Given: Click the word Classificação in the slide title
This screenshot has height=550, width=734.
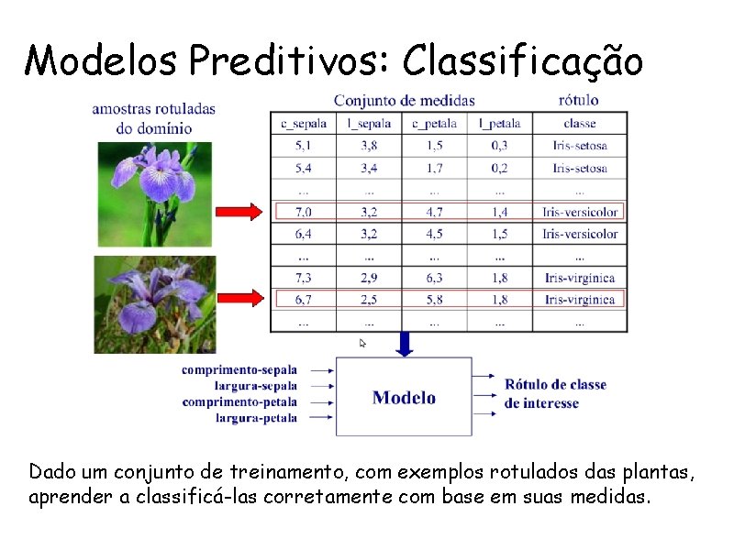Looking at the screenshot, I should (523, 60).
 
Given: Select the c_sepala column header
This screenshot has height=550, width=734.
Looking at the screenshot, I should (303, 124).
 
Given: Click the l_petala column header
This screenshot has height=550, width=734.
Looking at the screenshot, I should (499, 124).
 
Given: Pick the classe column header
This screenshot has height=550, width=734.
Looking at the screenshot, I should (580, 124).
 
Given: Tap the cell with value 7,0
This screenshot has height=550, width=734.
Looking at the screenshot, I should (303, 212).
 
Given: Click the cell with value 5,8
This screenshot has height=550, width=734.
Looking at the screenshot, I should (434, 300).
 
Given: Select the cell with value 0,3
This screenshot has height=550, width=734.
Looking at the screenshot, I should (499, 146).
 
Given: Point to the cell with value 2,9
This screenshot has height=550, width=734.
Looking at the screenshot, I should (369, 278).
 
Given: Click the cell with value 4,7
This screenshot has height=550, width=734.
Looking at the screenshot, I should (434, 212).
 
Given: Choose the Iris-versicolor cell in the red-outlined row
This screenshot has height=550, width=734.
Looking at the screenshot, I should (580, 212).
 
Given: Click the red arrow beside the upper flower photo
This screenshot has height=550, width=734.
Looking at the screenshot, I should (239, 213).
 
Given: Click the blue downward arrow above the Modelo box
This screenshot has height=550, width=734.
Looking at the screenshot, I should (405, 344).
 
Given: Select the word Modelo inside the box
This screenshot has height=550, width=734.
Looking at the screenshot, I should (404, 398).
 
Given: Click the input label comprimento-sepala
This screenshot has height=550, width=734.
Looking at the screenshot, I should (239, 370).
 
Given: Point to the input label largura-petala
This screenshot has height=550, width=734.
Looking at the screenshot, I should (256, 418).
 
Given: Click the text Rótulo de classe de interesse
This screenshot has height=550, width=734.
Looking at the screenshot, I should (555, 394).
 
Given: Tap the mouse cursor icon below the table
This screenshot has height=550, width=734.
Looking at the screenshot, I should (362, 344).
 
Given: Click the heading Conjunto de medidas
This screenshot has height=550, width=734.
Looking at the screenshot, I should (404, 101).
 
